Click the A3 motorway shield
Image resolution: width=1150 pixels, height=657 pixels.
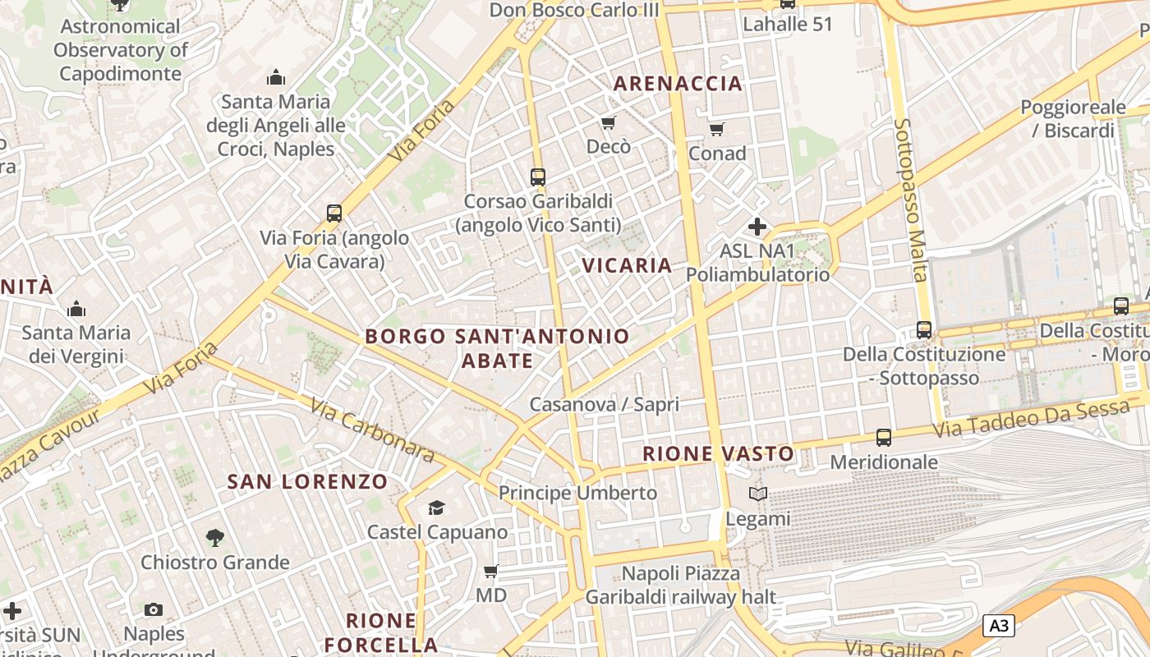998,626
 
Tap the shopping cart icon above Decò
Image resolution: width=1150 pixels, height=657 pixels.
608,123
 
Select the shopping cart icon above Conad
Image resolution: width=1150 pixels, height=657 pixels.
717,129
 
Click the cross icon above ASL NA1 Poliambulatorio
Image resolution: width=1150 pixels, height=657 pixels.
757,226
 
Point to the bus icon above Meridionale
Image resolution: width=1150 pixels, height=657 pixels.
884,438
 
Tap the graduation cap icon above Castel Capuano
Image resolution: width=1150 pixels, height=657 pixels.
436,508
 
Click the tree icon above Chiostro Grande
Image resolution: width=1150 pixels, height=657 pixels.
214,538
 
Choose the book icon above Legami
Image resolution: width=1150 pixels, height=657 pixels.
757,494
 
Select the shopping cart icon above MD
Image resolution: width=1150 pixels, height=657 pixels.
490,571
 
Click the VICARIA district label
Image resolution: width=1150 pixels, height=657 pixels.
627,265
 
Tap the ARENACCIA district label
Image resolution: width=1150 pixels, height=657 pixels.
678,83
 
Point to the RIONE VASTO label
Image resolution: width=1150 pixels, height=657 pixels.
718,453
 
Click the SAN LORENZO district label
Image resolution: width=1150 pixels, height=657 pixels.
307,481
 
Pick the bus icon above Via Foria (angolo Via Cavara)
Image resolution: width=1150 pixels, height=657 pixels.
333,214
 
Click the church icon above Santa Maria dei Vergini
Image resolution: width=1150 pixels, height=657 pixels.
76,309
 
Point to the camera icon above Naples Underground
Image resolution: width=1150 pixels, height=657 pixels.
154,609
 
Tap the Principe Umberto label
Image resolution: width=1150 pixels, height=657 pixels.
578,493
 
